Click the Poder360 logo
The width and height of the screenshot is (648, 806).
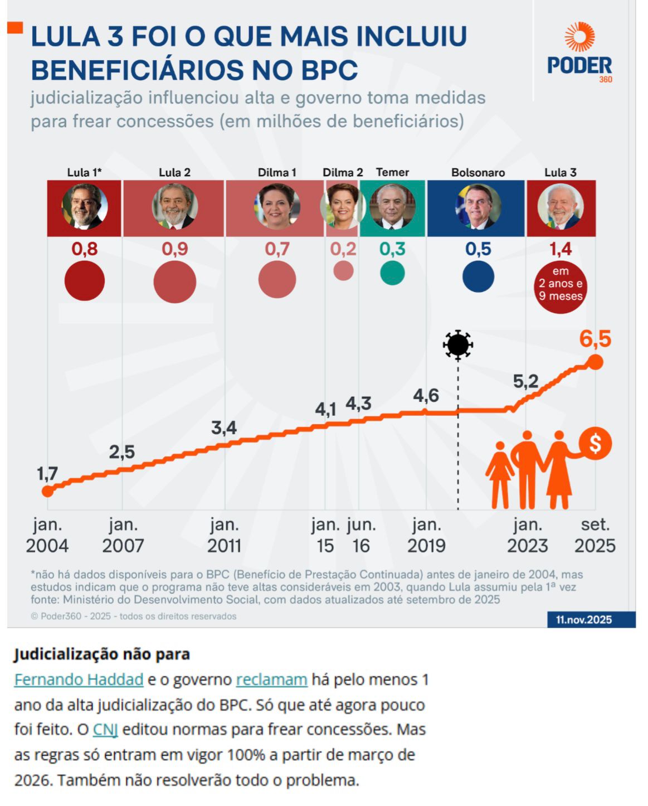coord(579,54)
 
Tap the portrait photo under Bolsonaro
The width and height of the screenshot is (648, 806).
coord(478,207)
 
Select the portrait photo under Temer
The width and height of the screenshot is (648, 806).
coord(392,207)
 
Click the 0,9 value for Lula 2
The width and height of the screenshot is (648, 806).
coord(175,249)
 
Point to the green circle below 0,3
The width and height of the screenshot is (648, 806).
coord(392,273)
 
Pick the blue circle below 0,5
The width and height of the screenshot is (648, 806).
coord(478,276)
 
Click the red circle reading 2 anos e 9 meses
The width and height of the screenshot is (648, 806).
coord(560,284)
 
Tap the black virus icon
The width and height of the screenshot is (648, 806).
coord(458,344)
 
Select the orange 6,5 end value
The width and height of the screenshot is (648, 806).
coord(595,338)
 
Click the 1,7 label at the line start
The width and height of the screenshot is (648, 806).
coord(47,473)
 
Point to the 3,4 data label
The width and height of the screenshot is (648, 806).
coord(224,428)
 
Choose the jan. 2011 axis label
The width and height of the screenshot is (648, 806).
coord(225,535)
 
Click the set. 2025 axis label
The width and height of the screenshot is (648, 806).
coord(595,535)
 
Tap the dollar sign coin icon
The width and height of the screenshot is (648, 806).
coord(595,444)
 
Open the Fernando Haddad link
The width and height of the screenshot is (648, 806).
coord(79,679)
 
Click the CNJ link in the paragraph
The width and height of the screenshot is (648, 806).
coord(105,729)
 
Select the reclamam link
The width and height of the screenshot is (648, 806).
coord(271,679)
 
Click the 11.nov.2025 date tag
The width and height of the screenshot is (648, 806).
coord(583,619)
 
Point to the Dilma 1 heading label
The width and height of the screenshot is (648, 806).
coord(277,172)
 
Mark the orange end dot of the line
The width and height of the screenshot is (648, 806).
coord(595,362)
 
